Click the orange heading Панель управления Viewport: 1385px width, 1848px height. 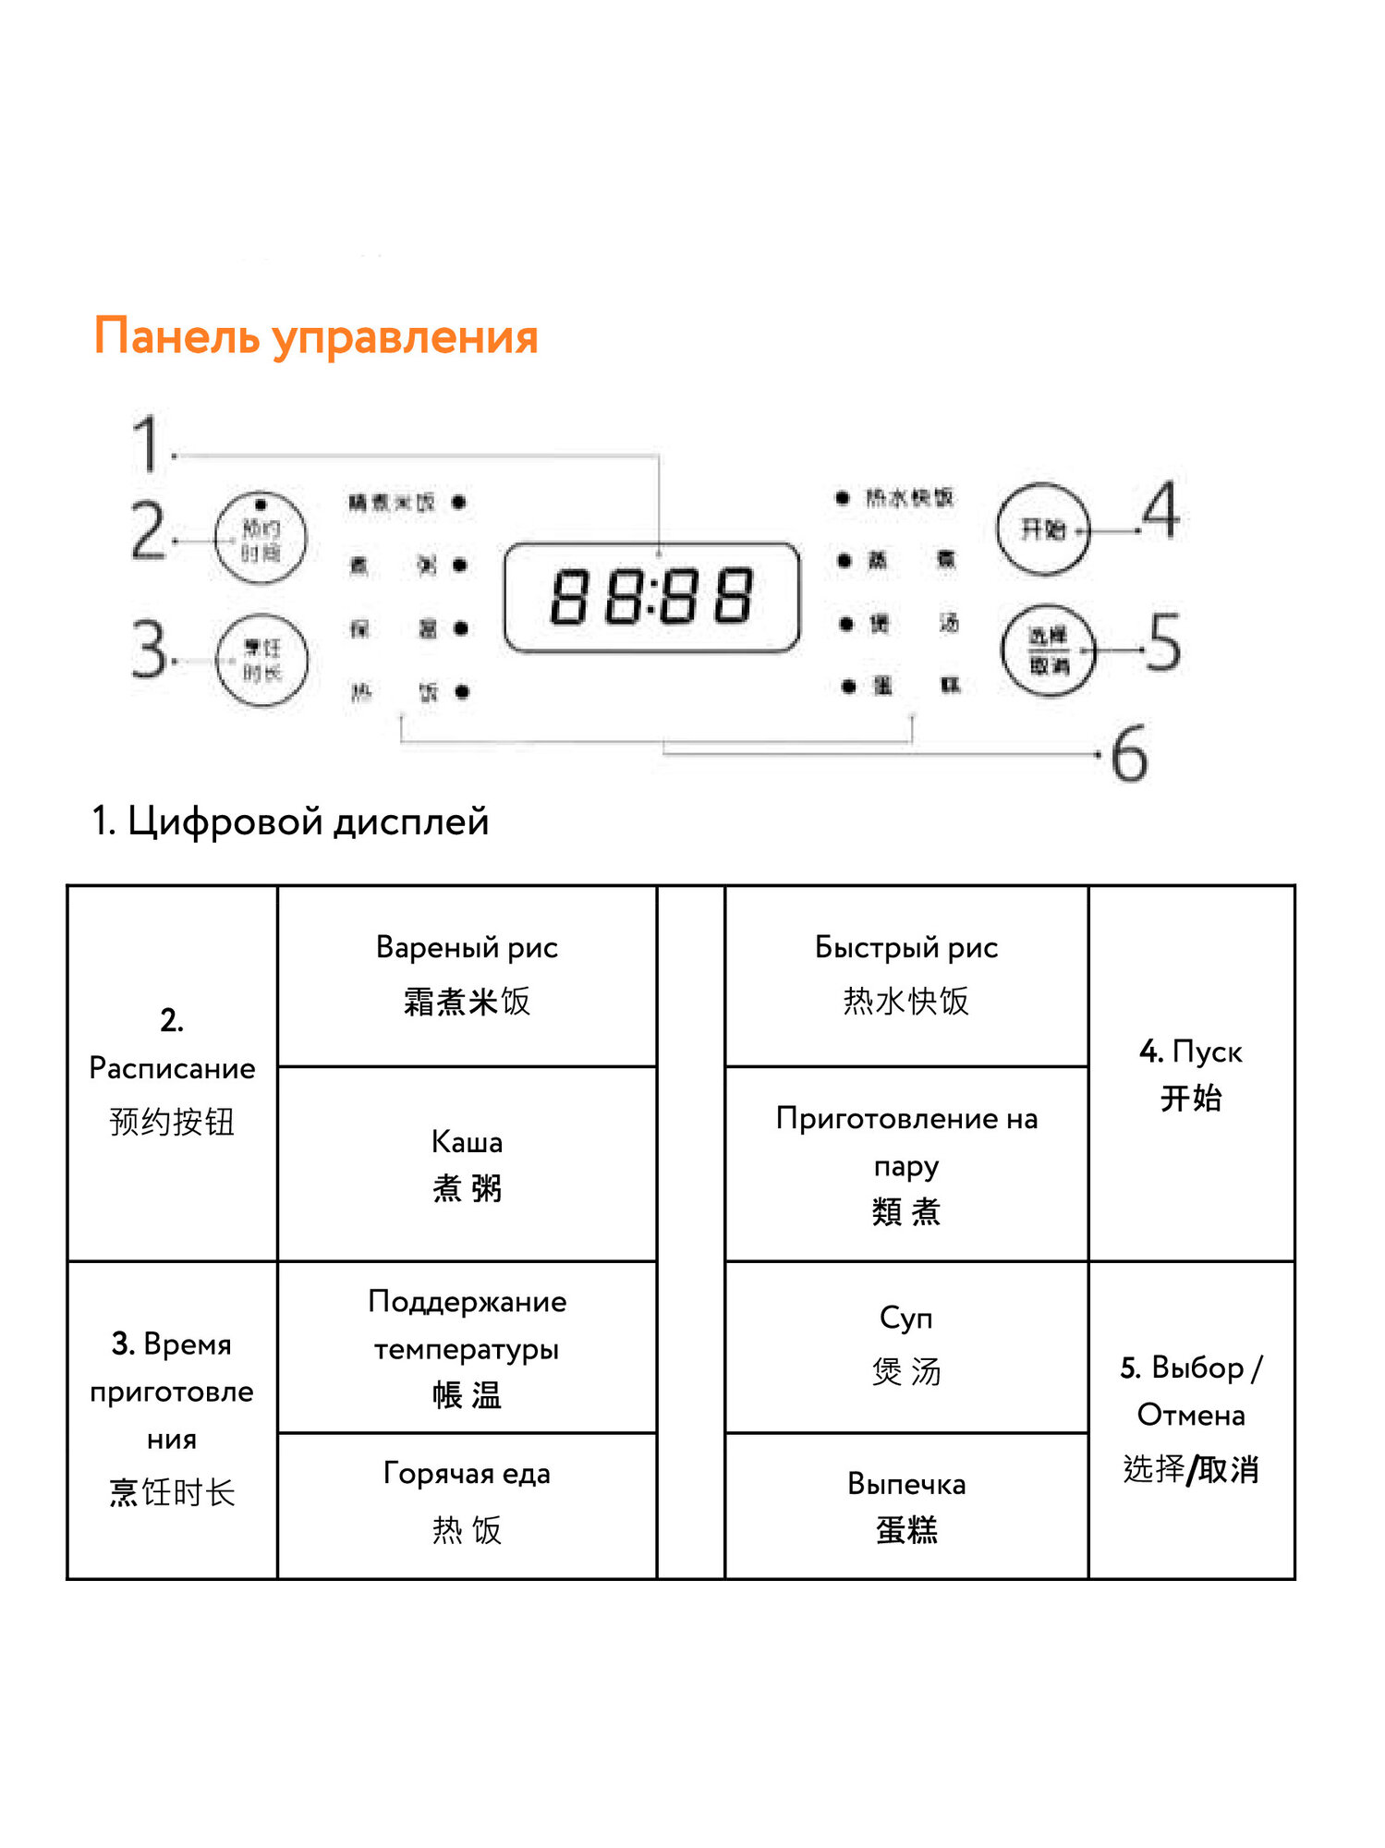315,336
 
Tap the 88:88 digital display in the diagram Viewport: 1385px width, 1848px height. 651,597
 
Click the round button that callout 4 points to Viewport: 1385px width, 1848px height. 1043,529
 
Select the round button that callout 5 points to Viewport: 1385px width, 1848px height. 1048,650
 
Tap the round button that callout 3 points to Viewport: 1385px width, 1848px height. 261,660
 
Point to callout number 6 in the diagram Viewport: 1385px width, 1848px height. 1129,755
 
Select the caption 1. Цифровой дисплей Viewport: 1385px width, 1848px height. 290,821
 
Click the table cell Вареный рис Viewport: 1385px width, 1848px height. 467,975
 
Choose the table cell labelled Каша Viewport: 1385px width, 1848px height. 467,1164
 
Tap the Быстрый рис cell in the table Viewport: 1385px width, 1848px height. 905,975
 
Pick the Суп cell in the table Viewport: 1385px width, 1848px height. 905,1345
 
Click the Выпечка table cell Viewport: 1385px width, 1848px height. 905,1506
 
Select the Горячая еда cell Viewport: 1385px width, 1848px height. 467,1501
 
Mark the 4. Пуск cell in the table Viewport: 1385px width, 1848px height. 1190,1075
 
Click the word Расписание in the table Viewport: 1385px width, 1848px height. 172,1068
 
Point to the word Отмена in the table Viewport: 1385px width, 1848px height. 1190,1415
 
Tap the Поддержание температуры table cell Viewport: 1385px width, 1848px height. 467,1347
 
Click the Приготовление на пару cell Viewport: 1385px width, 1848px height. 905,1164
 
